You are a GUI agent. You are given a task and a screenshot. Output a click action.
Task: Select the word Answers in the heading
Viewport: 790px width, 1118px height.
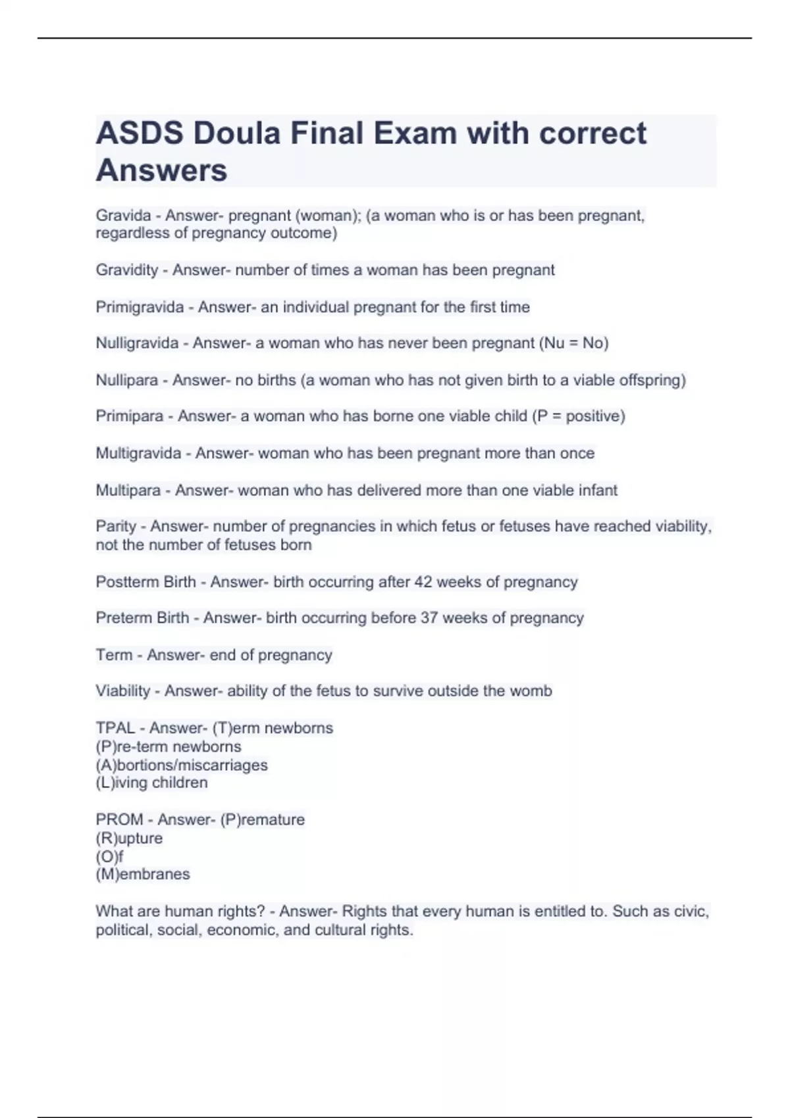click(x=161, y=170)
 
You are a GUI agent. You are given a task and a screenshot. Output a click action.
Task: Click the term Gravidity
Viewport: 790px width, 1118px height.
click(x=127, y=270)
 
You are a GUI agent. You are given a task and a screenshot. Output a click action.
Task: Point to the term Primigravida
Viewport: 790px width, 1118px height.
click(x=140, y=307)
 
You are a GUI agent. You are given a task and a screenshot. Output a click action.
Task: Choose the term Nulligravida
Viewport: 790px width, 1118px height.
click(x=137, y=343)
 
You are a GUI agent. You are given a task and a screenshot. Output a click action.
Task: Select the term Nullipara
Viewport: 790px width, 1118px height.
click(x=127, y=380)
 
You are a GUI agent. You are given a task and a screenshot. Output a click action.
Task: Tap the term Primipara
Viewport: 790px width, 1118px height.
click(x=130, y=416)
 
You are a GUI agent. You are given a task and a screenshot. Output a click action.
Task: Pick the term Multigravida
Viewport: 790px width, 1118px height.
click(x=138, y=453)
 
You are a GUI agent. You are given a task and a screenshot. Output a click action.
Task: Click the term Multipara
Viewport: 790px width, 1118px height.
click(x=128, y=491)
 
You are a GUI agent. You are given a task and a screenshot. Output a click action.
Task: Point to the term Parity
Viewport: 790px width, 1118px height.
click(x=116, y=527)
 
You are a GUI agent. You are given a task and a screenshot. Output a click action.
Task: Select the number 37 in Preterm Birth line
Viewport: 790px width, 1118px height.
click(x=429, y=618)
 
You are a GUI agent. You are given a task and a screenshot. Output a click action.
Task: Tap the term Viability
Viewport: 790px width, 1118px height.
click(x=123, y=691)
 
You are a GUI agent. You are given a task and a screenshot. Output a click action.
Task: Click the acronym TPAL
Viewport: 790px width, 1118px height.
click(x=115, y=728)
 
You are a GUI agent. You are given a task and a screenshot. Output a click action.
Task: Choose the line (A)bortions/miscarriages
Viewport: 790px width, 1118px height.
click(x=182, y=765)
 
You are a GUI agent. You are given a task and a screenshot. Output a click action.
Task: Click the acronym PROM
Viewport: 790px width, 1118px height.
click(x=119, y=819)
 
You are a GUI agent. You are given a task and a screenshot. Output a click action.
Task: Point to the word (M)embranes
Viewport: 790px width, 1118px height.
click(x=143, y=874)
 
